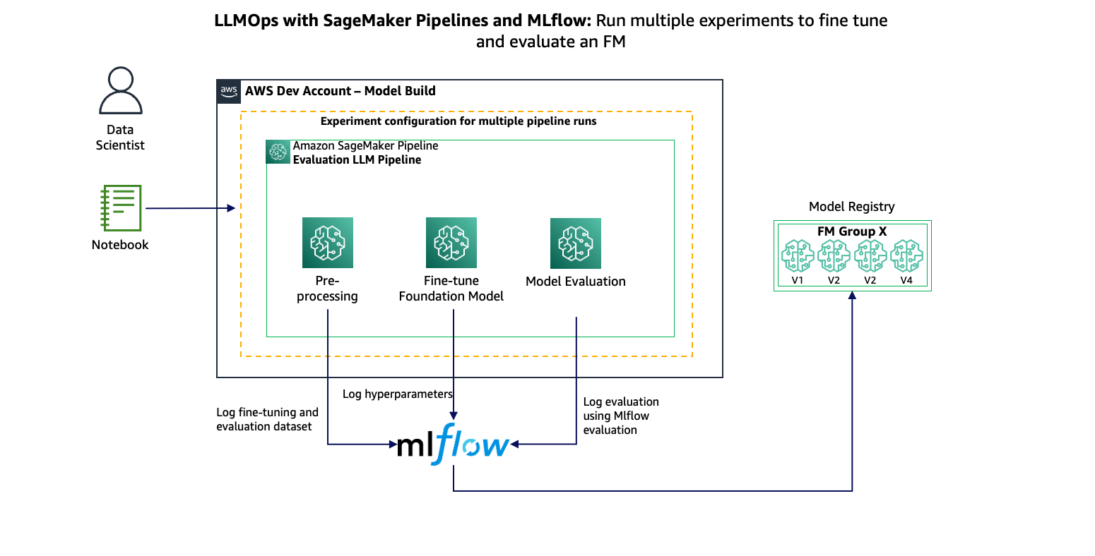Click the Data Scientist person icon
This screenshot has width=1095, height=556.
120,91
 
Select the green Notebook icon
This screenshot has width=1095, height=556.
121,208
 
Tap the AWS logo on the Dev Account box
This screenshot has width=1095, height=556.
229,91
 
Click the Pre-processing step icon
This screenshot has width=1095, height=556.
327,243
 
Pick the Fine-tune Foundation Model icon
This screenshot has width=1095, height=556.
451,243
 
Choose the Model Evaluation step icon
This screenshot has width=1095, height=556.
575,243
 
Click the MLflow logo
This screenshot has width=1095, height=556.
452,445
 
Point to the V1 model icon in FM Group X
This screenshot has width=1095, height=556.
798,256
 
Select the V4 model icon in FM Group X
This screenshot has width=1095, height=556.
906,256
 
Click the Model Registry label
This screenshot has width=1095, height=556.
851,207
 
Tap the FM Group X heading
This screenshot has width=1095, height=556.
852,231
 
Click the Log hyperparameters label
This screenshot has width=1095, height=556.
397,394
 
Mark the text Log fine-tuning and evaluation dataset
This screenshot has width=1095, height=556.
267,419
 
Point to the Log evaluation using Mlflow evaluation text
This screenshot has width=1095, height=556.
620,416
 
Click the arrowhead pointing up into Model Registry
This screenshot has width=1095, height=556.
852,296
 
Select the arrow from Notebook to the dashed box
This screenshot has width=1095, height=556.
189,208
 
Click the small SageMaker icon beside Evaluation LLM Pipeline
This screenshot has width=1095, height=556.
278,152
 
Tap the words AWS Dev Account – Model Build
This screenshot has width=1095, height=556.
340,91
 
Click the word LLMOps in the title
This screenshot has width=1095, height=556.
246,20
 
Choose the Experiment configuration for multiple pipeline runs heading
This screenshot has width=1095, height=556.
458,121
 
